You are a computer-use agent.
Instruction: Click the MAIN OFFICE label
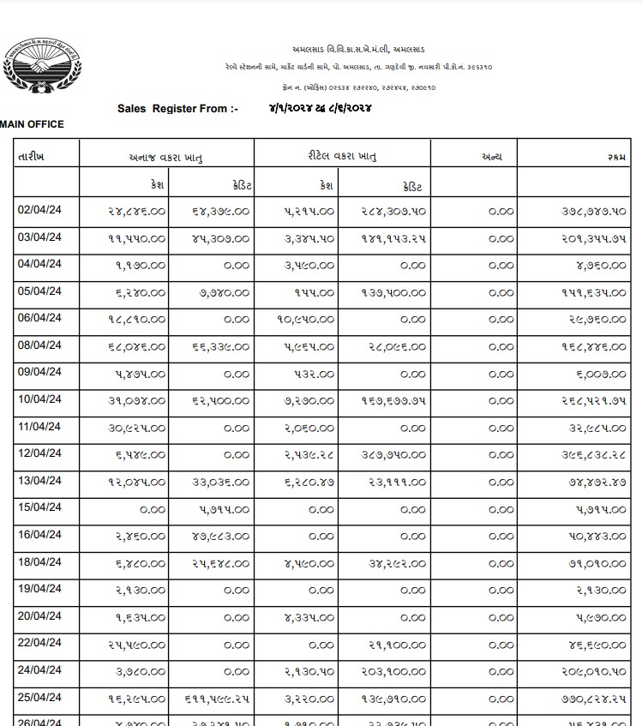(x=32, y=124)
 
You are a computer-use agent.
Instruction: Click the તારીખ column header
(x=32, y=157)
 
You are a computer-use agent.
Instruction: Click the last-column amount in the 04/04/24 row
(x=606, y=265)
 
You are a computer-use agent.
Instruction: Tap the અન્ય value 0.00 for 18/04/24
(x=501, y=564)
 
